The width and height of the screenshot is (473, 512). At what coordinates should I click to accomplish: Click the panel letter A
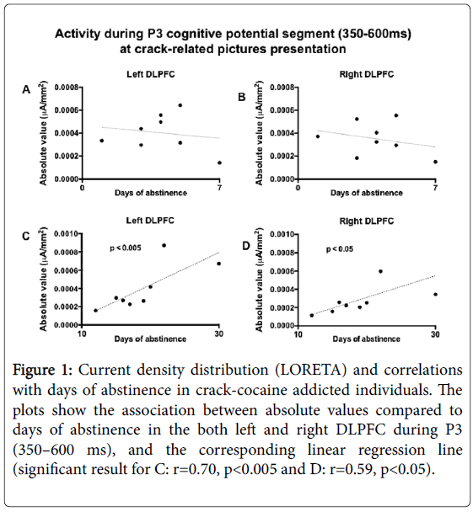pos(26,89)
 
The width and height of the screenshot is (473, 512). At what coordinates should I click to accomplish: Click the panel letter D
pos(246,246)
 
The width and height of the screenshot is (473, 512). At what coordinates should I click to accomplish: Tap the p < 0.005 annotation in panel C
pos(126,248)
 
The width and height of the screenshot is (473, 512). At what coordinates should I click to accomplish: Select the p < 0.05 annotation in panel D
pos(340,249)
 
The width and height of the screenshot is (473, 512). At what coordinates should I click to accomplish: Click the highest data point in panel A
pos(180,105)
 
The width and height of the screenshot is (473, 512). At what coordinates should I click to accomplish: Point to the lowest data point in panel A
pos(219,163)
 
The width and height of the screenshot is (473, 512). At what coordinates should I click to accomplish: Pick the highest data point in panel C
pos(164,245)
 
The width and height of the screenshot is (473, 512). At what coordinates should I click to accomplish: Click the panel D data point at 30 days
pos(435,294)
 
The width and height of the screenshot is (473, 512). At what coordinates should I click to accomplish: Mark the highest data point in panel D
pos(380,271)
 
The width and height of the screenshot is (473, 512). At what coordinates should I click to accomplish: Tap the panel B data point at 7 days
pos(435,162)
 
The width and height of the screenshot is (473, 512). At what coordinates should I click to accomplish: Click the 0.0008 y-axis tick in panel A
pos(67,88)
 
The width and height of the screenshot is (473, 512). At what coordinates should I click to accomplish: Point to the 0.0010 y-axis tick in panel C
pos(66,234)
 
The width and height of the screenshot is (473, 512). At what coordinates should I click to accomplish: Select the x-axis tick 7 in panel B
pos(435,188)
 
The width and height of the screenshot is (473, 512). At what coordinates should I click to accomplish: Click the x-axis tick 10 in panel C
pos(82,333)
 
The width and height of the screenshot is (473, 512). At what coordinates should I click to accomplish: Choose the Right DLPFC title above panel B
pos(367,74)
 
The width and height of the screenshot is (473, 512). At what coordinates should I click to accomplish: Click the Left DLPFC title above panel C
pos(150,221)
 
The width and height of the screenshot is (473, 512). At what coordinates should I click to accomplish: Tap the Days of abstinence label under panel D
pos(367,339)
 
